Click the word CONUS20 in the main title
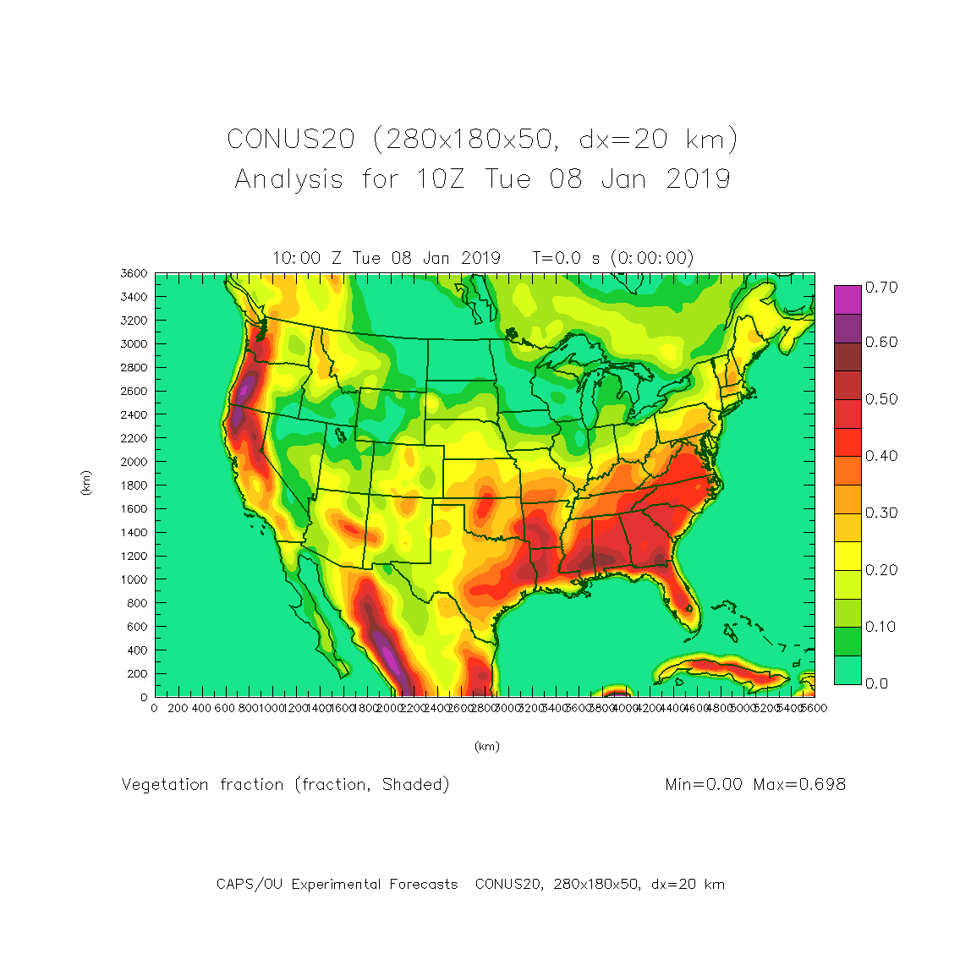point(290,139)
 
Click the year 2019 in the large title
point(698,179)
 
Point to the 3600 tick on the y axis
point(134,273)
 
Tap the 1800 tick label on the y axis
point(134,485)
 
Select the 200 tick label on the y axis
point(137,674)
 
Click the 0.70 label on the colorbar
point(881,288)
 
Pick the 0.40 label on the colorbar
point(881,456)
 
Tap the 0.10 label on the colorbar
point(881,627)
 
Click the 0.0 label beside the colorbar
point(877,683)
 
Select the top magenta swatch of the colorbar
point(848,299)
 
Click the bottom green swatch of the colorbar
point(848,669)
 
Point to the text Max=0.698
point(799,784)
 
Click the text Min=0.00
point(704,784)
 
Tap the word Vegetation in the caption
point(165,785)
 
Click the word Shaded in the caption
point(415,785)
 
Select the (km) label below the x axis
point(486,747)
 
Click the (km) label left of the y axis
point(85,484)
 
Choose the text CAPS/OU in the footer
point(250,885)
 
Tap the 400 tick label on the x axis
point(200,709)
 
